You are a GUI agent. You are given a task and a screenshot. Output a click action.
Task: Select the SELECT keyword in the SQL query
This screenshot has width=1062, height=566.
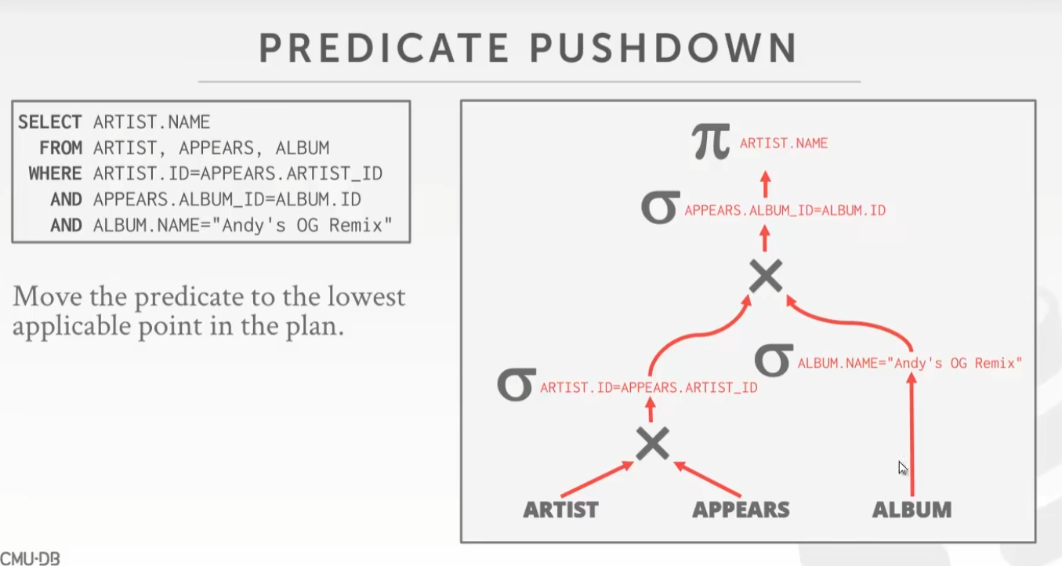point(50,122)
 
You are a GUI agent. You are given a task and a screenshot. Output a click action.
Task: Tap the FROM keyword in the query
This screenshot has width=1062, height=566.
point(60,148)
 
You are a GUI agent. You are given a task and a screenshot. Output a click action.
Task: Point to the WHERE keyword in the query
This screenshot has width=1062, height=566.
point(55,173)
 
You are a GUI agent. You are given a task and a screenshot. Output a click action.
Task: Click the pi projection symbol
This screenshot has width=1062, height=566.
point(710,141)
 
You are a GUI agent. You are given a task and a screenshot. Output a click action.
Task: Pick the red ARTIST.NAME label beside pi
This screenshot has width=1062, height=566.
point(784,143)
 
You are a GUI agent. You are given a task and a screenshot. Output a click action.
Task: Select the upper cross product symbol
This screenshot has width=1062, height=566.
point(766,276)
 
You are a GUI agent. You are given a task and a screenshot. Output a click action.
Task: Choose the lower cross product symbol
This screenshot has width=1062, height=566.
point(652,443)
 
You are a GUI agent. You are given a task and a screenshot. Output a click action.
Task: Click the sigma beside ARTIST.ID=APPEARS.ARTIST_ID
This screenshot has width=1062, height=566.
point(516,384)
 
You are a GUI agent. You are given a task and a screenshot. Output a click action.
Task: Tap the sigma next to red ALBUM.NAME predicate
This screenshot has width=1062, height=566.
point(774,360)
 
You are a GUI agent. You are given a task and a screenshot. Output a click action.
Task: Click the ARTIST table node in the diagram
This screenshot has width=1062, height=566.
point(561,510)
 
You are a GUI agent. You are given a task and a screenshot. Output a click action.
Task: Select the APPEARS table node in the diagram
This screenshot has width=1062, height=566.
point(741,510)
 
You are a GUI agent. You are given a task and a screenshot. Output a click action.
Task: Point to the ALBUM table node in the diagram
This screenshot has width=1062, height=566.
point(912,510)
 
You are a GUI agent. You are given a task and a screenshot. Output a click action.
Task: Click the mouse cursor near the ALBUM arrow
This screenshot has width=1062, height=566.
point(903,468)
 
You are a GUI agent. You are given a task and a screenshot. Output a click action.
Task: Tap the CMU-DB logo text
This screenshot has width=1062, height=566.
point(30,558)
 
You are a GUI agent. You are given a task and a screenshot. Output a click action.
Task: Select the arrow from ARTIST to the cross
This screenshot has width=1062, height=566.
point(597,479)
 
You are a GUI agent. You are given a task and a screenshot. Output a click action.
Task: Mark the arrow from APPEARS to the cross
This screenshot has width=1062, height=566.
point(707,479)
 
